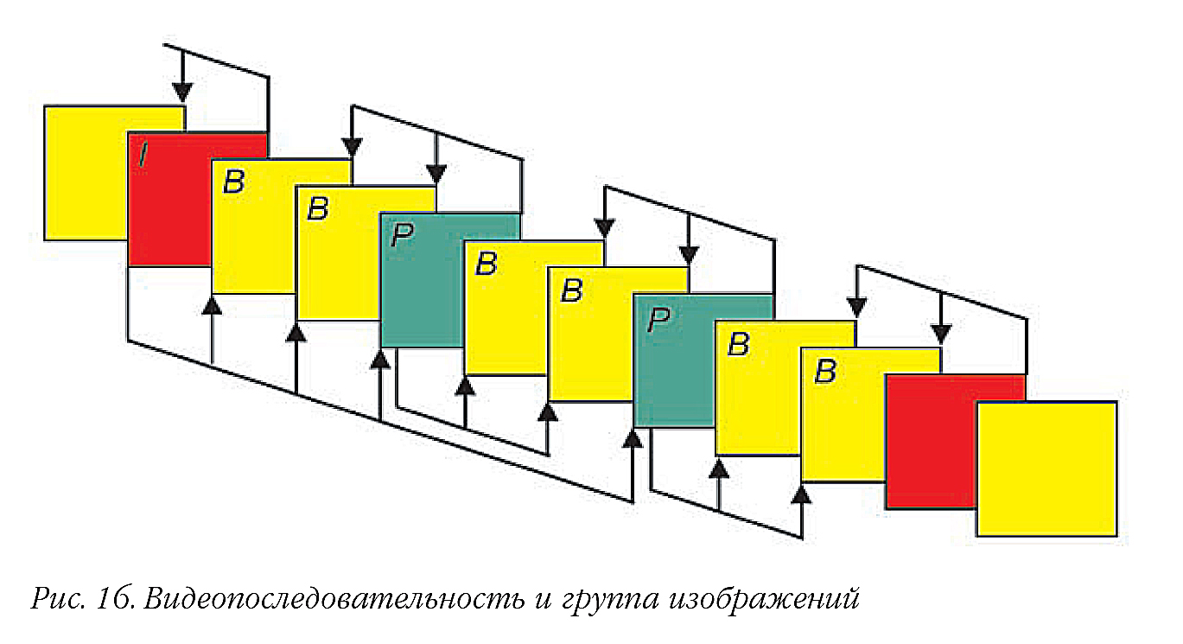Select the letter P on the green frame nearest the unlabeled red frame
point(658,319)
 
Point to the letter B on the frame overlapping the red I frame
point(234,182)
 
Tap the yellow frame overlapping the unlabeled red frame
point(1046,469)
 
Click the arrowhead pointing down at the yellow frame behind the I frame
point(182,92)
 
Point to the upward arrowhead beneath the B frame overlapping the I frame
point(212,305)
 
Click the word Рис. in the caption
point(58,598)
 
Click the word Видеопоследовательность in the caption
point(334,598)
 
